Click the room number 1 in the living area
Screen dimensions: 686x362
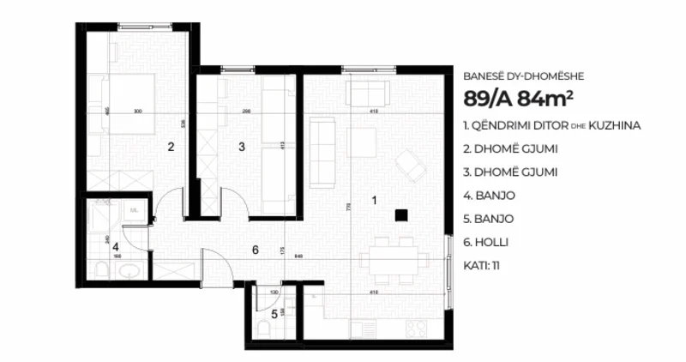373,200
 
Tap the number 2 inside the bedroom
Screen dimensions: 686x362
171,147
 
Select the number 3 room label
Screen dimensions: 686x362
242,147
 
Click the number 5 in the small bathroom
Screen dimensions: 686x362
274,314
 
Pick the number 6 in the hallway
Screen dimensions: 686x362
255,250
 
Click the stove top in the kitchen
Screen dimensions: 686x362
416,329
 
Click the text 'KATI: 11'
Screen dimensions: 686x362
481,265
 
